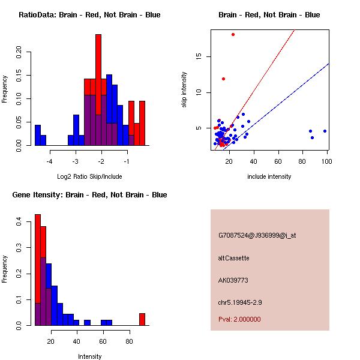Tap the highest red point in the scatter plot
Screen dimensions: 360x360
click(233, 34)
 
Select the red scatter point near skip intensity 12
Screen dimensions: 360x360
click(223, 79)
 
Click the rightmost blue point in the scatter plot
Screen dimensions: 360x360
click(325, 131)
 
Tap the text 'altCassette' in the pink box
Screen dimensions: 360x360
click(233, 258)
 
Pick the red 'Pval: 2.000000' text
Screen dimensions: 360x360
click(239, 319)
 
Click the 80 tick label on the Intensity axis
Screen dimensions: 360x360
click(129, 342)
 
